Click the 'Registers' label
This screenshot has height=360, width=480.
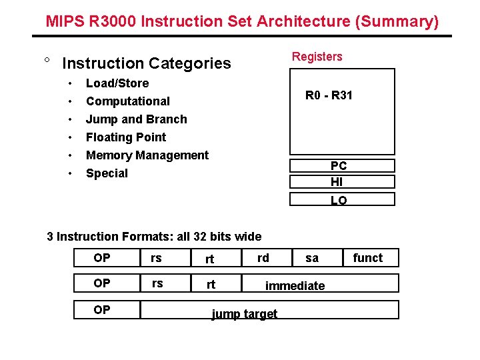317,57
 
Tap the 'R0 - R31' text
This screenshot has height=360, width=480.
329,95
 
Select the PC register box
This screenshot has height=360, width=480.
342,166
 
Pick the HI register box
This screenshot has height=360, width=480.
342,182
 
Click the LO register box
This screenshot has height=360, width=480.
342,199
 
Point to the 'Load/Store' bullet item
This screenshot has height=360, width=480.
117,83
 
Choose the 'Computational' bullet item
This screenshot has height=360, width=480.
128,101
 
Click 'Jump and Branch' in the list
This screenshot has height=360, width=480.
137,119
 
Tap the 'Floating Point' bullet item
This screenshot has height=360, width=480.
126,137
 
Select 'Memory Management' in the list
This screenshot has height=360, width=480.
147,155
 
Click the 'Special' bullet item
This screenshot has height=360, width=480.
107,173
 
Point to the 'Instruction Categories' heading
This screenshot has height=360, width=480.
147,63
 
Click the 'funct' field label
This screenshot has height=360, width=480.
368,258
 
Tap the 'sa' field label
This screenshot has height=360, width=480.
312,258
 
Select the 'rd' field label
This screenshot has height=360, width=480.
263,257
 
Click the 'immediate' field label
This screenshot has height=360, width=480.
295,286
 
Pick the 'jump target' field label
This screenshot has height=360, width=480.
244,314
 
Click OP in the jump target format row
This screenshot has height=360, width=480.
102,310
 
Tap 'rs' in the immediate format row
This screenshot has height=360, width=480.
157,283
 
